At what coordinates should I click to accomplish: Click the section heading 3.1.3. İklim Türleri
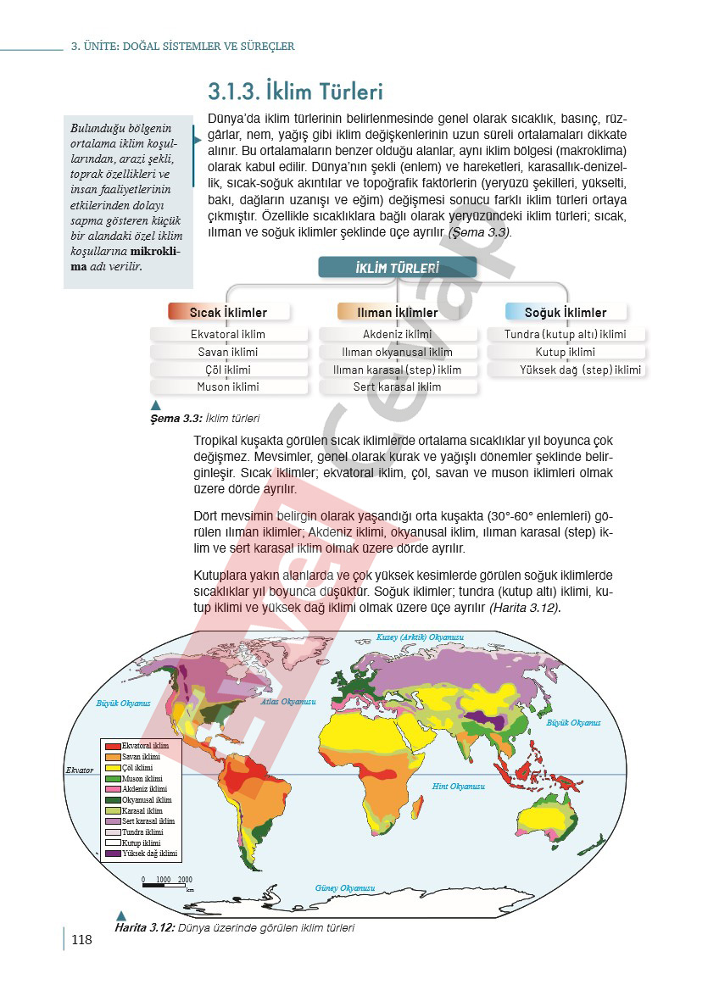[295, 91]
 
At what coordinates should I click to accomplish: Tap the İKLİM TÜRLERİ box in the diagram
[397, 268]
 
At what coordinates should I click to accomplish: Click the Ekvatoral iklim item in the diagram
[228, 334]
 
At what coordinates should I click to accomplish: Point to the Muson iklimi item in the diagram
[228, 387]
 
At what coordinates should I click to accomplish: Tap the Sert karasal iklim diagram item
[397, 387]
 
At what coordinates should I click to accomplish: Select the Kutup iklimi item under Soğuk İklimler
[566, 352]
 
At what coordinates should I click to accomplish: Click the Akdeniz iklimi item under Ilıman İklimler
[397, 334]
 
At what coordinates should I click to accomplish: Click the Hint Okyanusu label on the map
[459, 787]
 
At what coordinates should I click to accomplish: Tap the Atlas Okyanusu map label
[287, 702]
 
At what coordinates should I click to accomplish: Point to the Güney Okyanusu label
[344, 887]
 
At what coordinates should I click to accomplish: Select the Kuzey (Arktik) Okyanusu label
[421, 637]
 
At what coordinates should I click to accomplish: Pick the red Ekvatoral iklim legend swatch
[113, 746]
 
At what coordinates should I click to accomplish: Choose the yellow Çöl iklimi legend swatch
[113, 768]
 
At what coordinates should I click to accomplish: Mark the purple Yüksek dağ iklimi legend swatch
[113, 854]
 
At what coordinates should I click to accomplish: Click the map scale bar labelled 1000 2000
[164, 885]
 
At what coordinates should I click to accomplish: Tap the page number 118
[82, 939]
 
